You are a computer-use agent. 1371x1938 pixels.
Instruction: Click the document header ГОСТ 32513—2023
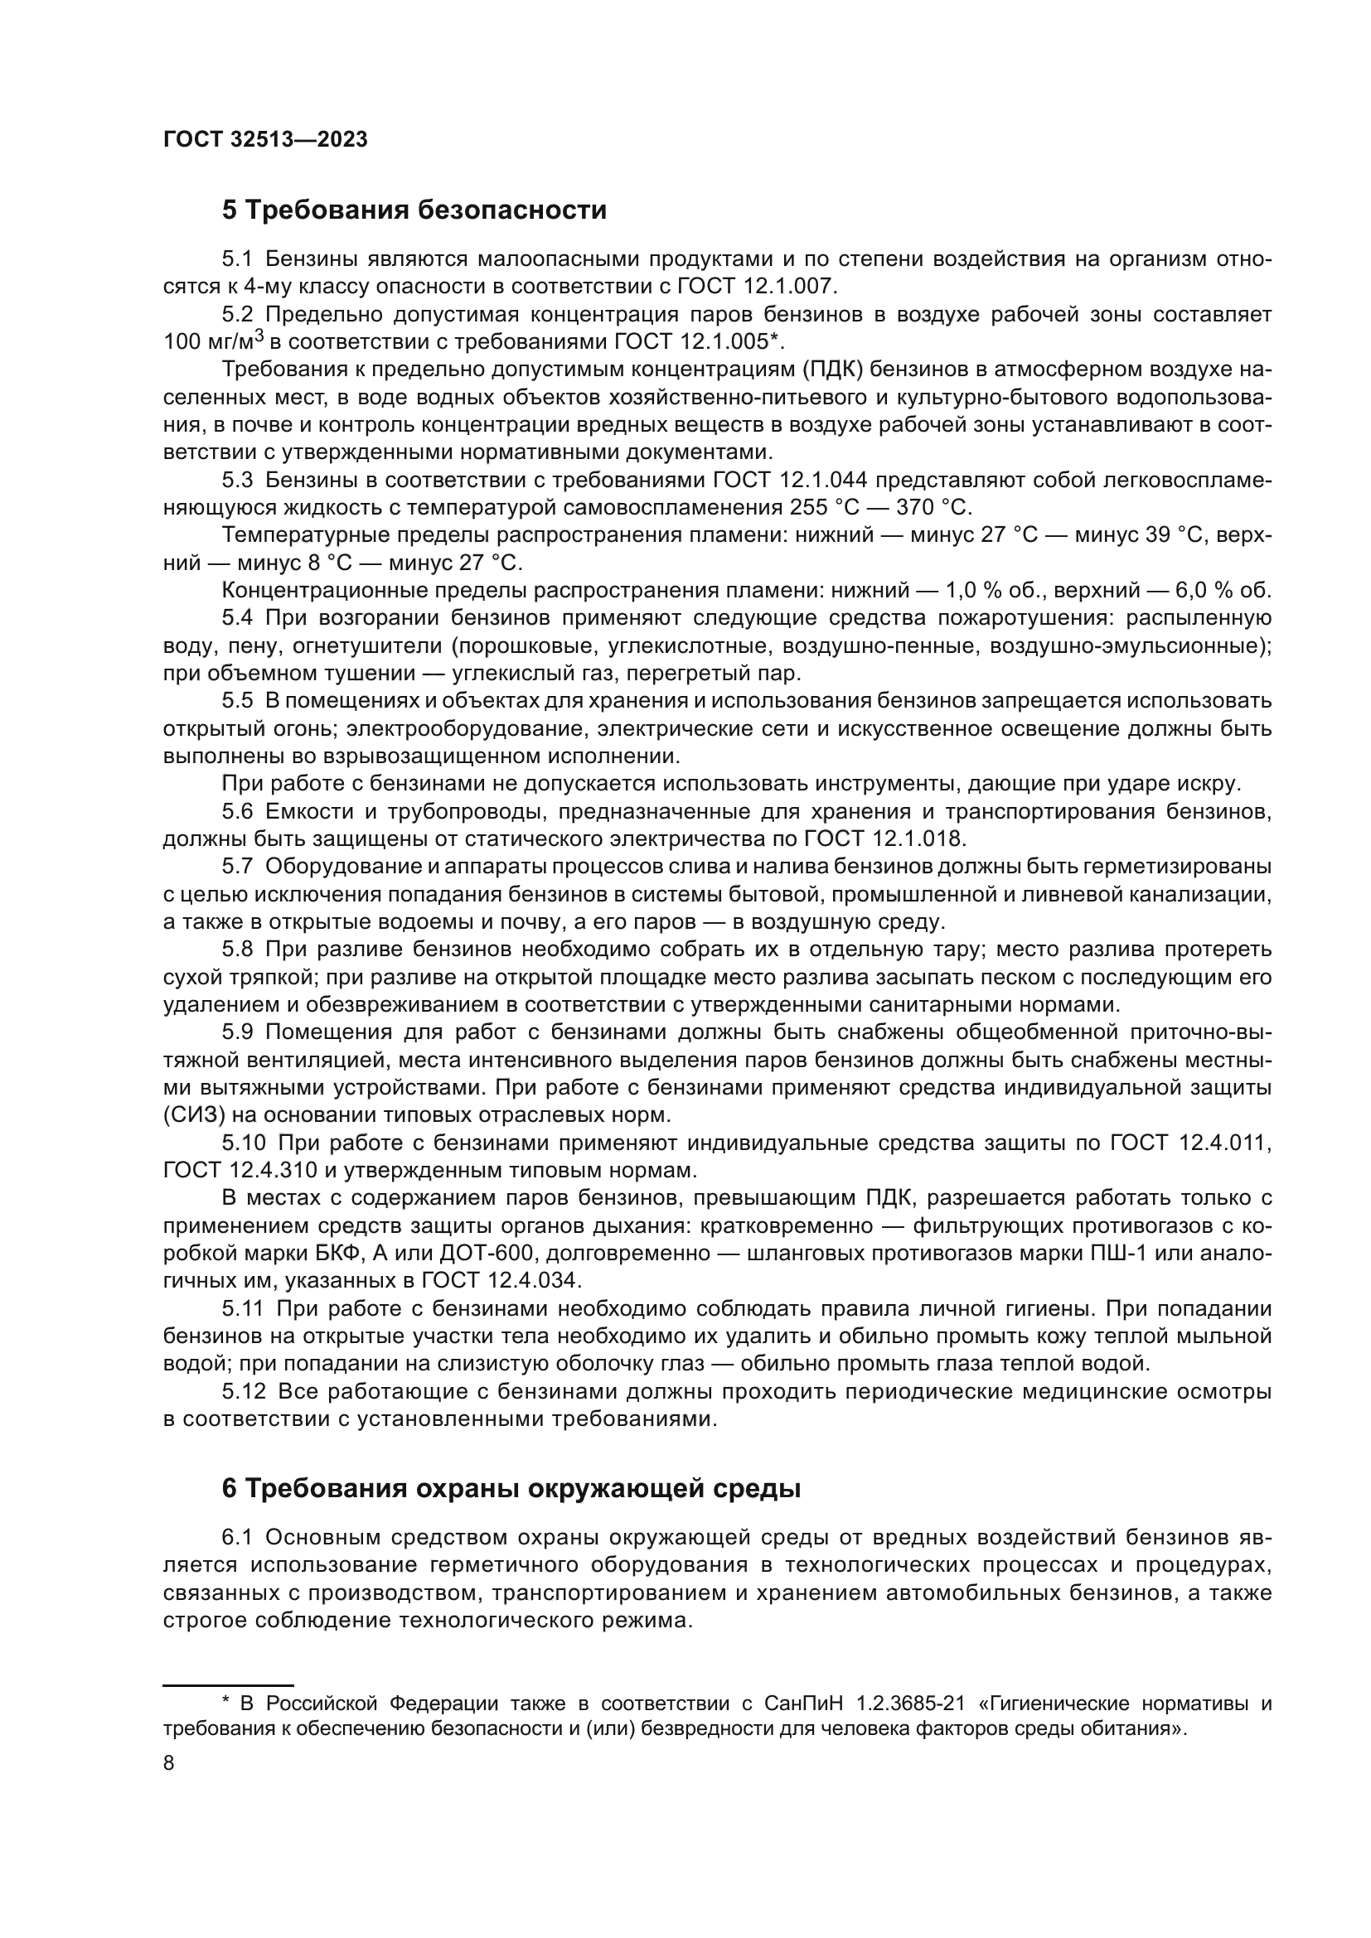tap(265, 140)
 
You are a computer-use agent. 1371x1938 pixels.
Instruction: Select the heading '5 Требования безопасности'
tap(414, 210)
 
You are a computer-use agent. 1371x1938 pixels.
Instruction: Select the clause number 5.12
tap(243, 1391)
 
